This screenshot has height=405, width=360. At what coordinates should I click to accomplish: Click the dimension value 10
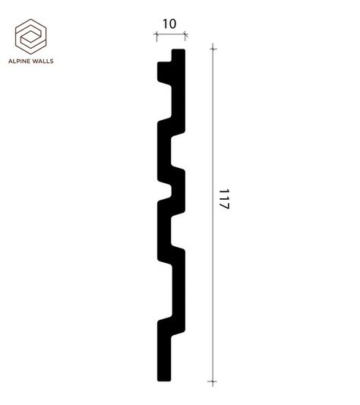click(169, 24)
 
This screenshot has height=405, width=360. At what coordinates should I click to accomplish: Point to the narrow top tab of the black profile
click(178, 55)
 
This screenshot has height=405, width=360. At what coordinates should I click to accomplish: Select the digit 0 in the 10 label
click(173, 24)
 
